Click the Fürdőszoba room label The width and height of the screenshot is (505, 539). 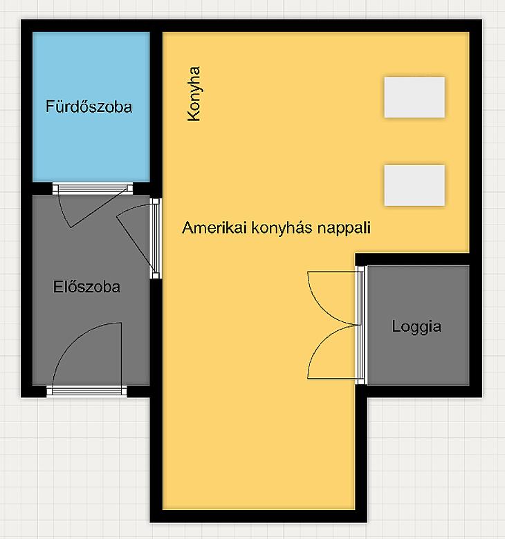click(89, 106)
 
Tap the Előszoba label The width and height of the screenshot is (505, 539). click(86, 287)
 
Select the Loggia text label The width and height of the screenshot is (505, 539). click(416, 327)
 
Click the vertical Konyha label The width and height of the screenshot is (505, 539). click(194, 94)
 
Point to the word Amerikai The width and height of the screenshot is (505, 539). click(214, 227)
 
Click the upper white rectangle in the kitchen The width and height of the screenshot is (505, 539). click(414, 97)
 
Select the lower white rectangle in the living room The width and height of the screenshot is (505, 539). click(414, 186)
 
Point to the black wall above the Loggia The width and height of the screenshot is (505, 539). click(412, 259)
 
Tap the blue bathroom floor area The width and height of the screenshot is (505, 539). click(91, 144)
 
